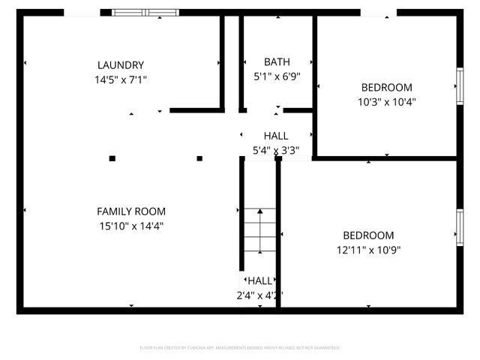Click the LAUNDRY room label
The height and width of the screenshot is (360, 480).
120,65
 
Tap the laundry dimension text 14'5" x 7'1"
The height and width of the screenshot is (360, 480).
120,79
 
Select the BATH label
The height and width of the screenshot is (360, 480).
277,61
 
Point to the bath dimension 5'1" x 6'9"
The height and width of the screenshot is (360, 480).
277,75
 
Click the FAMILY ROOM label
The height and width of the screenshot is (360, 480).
131,211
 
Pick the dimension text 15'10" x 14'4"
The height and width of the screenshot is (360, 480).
131,225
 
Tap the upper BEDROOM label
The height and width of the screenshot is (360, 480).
387,87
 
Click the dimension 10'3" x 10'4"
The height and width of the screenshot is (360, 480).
387,101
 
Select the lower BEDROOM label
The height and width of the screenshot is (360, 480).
368,235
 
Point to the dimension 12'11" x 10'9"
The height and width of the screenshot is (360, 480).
368,250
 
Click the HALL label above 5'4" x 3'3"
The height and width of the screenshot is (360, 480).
276,136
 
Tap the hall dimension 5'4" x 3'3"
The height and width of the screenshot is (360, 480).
276,150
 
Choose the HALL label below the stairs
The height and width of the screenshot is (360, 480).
259,280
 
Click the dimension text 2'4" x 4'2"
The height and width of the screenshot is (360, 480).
259,295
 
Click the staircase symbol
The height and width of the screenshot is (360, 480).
259,232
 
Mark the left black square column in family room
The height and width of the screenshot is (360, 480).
112,158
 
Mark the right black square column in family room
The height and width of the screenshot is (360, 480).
200,158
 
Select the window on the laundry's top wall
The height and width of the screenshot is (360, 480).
146,13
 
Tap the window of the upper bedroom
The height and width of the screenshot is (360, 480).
459,86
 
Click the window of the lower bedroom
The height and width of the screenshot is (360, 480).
459,226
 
